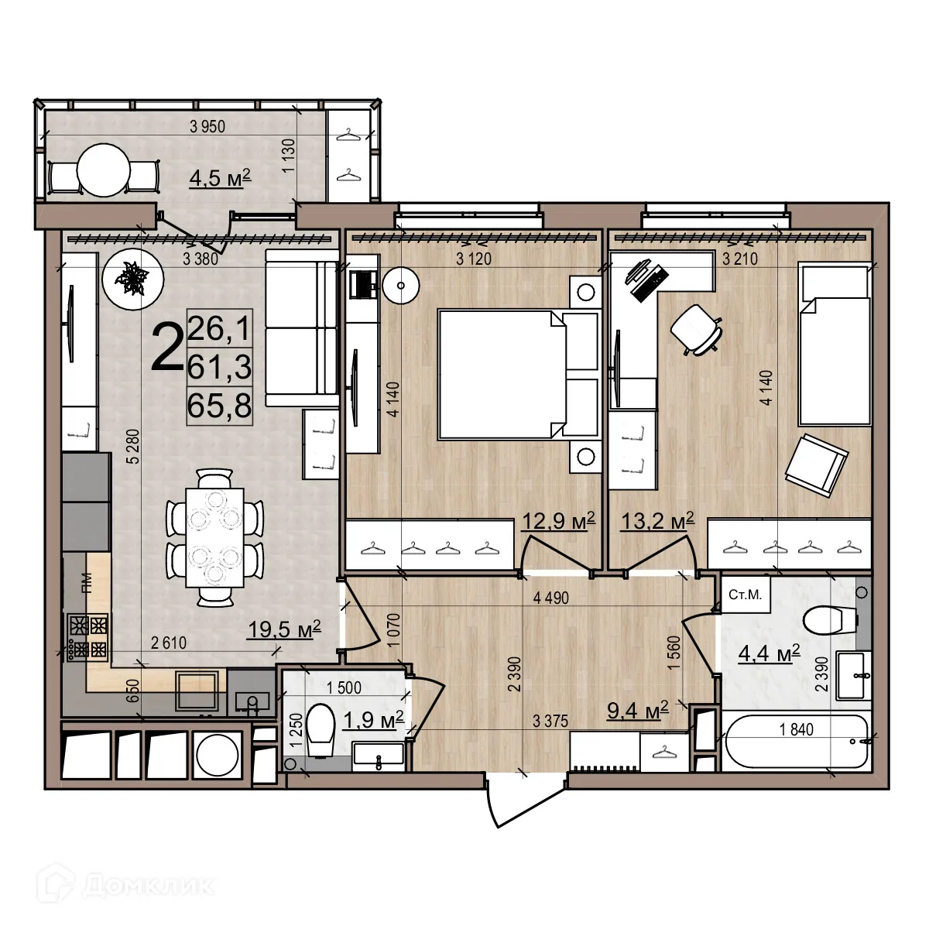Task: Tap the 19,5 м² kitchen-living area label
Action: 283,630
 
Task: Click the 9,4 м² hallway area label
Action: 637,711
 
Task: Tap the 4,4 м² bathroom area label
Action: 767,654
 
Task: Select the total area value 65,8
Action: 221,405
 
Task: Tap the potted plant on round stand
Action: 133,279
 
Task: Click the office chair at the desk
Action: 696,329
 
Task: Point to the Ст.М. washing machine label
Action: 745,594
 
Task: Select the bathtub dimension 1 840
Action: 792,729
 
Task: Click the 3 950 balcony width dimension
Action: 207,128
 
